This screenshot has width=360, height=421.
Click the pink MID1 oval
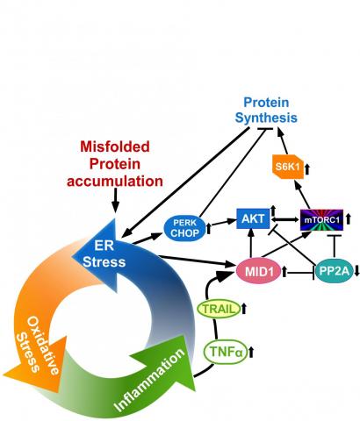(x=259, y=271)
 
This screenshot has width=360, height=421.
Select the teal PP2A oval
(x=334, y=271)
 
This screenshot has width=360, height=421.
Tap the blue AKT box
(x=253, y=218)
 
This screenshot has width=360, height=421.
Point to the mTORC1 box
(x=321, y=220)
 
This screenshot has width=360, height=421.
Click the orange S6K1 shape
(x=288, y=167)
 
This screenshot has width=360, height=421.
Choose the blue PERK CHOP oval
(x=184, y=228)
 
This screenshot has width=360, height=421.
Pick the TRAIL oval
(x=219, y=309)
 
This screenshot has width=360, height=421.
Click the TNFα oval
(x=226, y=352)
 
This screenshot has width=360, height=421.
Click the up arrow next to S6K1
(x=307, y=169)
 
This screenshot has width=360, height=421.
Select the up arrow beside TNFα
(x=251, y=352)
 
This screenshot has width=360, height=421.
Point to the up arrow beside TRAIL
(x=244, y=309)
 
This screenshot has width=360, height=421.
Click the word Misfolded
(x=115, y=146)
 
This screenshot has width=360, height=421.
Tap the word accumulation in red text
(x=115, y=182)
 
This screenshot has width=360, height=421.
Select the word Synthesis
(x=266, y=118)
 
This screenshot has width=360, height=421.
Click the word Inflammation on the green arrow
(x=149, y=380)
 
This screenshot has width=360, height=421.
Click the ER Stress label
(x=104, y=253)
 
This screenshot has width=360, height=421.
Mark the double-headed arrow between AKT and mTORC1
(x=285, y=219)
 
